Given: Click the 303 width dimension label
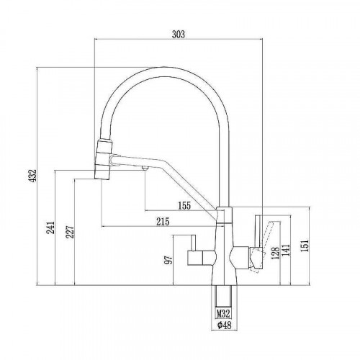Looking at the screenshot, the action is click(179, 35).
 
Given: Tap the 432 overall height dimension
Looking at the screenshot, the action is click(33, 175).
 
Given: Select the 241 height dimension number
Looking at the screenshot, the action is click(50, 228).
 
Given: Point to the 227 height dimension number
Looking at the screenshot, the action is click(70, 231).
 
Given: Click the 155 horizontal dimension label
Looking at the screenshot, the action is click(184, 206).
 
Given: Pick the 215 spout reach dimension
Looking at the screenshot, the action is click(163, 222).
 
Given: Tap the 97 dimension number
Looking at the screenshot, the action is click(168, 260).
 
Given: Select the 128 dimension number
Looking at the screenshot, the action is click(276, 253).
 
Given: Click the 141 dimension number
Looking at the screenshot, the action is click(287, 251).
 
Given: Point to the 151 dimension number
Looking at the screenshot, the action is click(305, 246).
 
